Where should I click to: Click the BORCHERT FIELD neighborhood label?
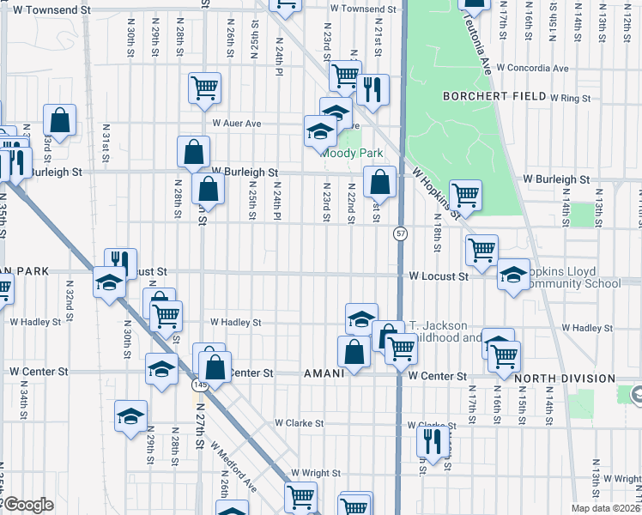click(494, 96)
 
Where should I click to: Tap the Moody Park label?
click(348, 154)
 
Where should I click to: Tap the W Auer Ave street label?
click(236, 124)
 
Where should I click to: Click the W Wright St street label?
click(316, 473)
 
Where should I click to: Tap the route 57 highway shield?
click(401, 233)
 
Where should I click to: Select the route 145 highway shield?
click(198, 385)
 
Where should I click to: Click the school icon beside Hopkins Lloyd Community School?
click(513, 276)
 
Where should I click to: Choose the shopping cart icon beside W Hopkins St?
click(465, 195)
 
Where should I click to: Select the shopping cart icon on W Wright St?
click(300, 496)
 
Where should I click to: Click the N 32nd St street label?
click(69, 298)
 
